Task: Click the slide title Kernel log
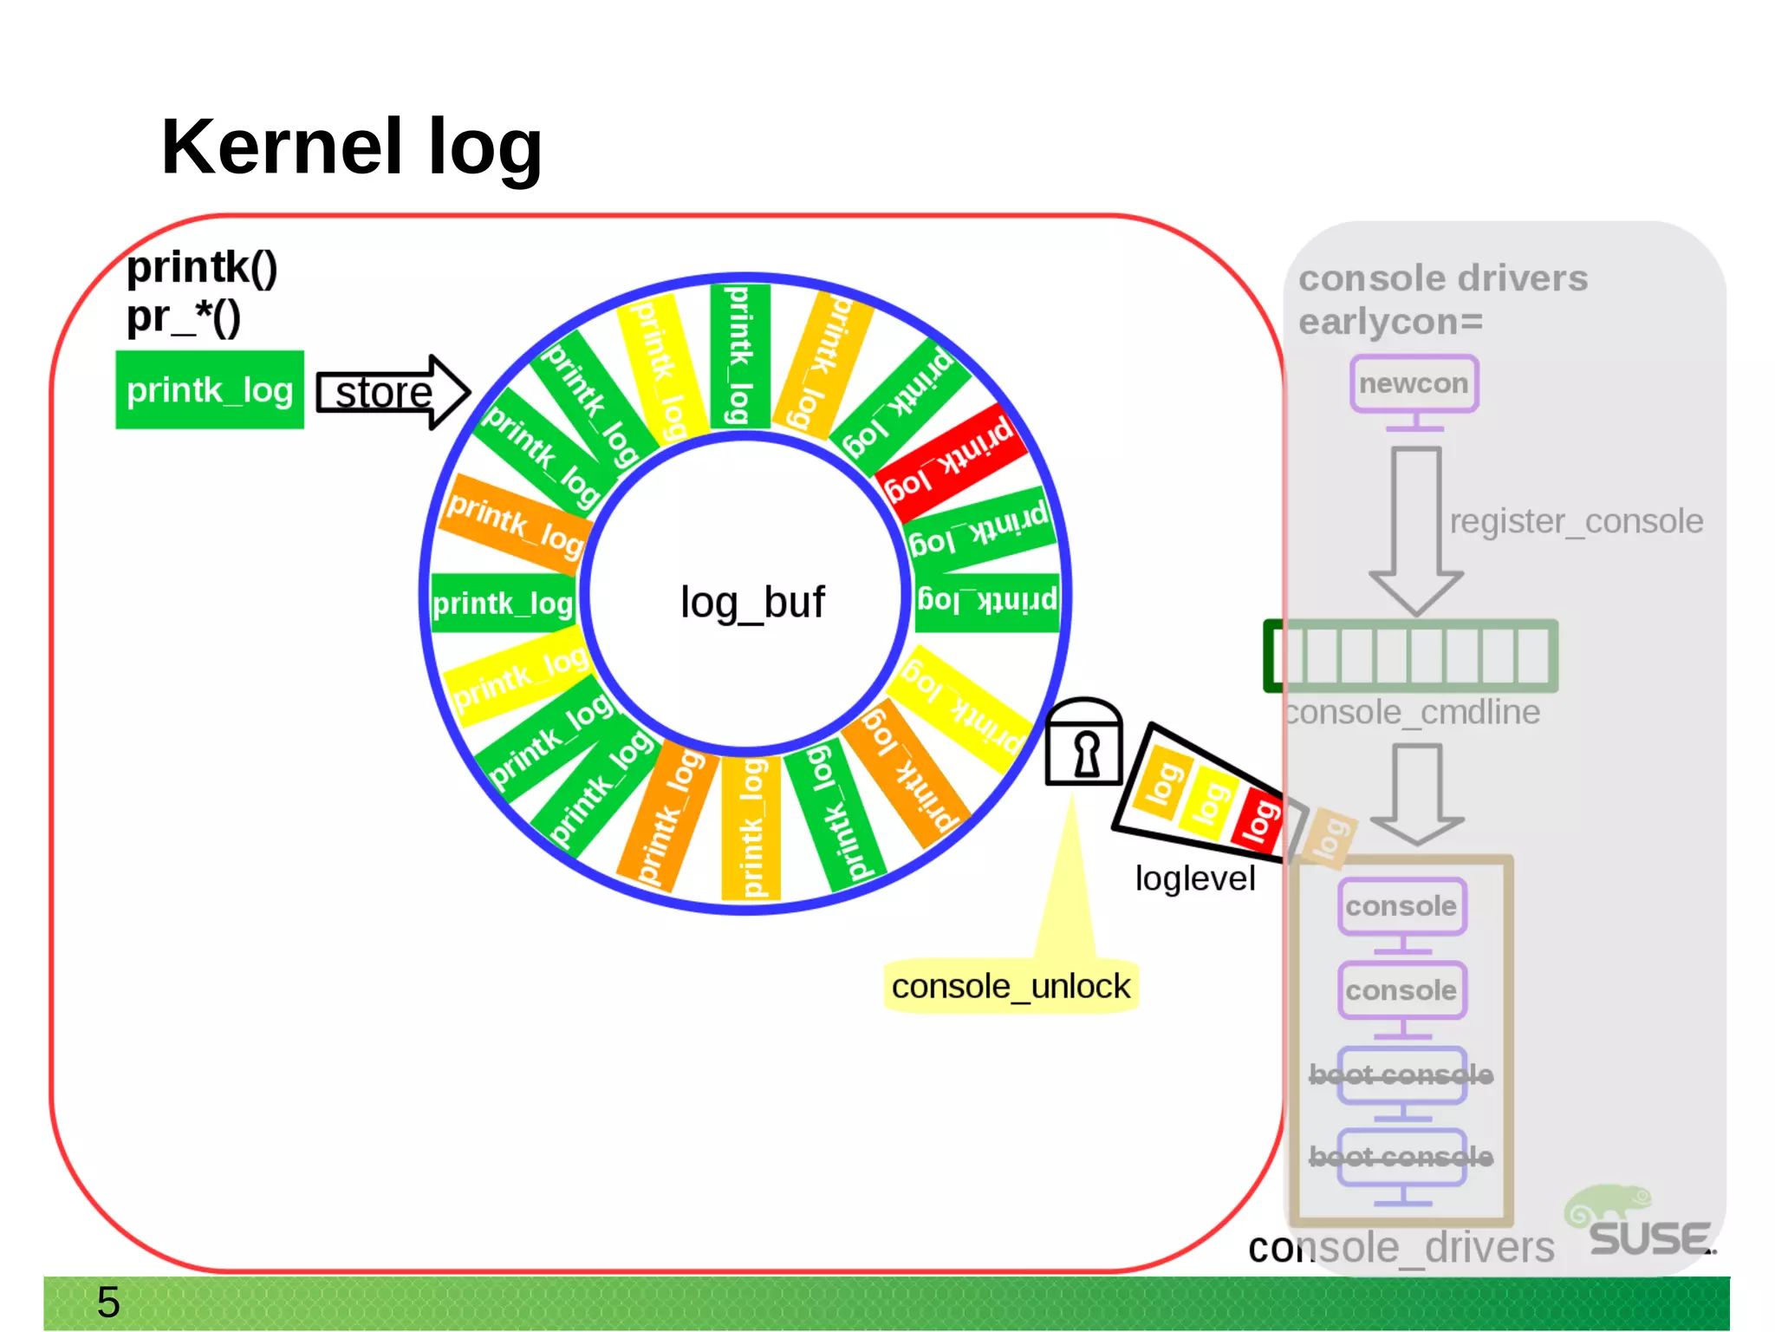click(x=351, y=147)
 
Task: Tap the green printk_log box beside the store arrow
click(x=210, y=390)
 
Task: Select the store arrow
click(x=392, y=392)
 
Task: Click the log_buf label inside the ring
click(x=752, y=602)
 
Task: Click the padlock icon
click(x=1083, y=744)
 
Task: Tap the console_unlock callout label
click(x=1011, y=987)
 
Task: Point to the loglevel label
click(x=1194, y=878)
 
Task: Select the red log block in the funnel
click(x=1259, y=819)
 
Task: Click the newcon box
click(x=1414, y=383)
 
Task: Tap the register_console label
click(x=1576, y=521)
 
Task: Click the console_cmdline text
click(x=1413, y=713)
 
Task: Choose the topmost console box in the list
click(x=1401, y=906)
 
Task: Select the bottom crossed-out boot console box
click(x=1401, y=1157)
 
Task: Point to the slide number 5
click(x=108, y=1302)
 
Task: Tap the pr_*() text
click(x=184, y=317)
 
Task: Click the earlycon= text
click(x=1390, y=322)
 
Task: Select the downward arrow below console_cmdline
click(x=1416, y=793)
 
